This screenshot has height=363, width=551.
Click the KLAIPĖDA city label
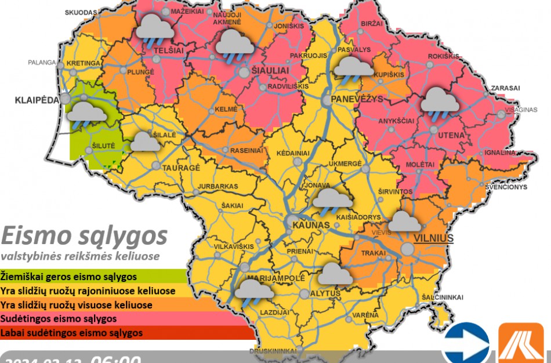pos(36,100)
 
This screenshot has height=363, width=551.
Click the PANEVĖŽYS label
pos(357,99)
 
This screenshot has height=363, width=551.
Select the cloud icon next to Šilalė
pos(144,142)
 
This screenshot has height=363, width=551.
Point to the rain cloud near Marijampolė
pos(253,289)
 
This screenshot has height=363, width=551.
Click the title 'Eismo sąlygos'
pos(84,236)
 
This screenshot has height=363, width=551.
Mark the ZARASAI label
pos(505,88)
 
